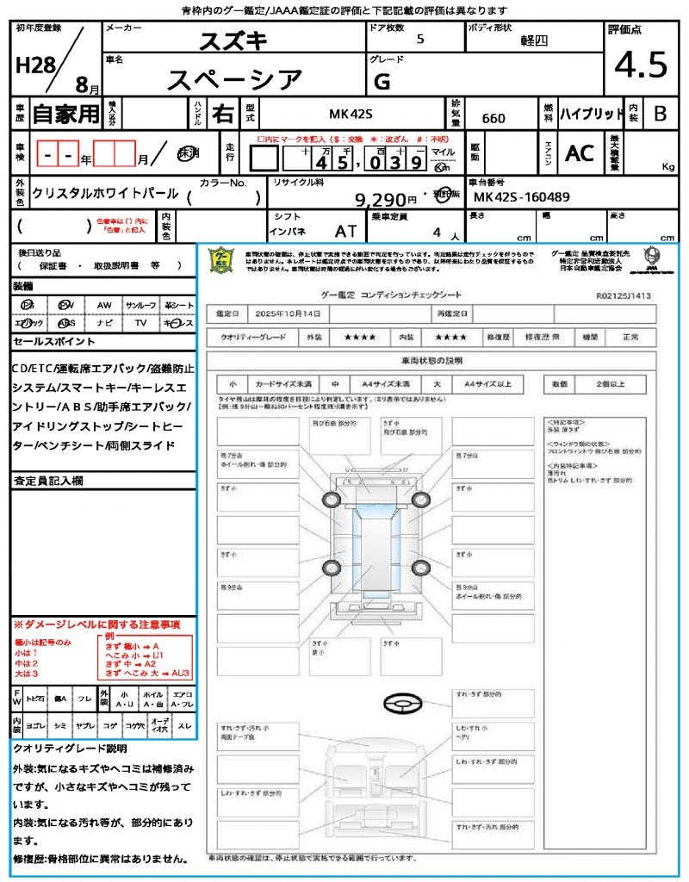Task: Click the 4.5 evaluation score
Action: coord(641,65)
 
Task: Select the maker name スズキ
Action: coord(233,40)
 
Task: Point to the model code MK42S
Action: coord(351,115)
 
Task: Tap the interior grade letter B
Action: coord(660,114)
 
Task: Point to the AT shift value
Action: coord(346,232)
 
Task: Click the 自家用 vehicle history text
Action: coord(65,114)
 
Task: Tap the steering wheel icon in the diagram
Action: coord(400,704)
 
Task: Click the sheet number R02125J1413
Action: coord(624,295)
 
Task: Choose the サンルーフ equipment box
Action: coord(140,306)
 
